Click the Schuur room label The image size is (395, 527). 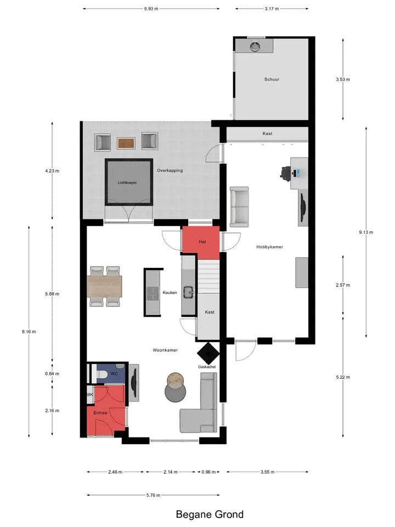click(272, 79)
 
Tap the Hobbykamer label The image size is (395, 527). click(269, 246)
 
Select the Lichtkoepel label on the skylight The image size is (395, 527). click(127, 182)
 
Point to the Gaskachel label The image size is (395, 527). click(207, 367)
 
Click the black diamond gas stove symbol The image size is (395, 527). click(208, 353)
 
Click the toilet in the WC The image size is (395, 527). click(101, 374)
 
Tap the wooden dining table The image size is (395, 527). click(104, 287)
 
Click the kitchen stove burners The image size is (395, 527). click(153, 293)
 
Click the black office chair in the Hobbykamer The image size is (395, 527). click(285, 172)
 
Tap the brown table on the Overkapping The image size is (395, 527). click(126, 143)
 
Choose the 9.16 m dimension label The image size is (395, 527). click(29, 332)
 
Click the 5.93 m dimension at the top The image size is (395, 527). click(151, 9)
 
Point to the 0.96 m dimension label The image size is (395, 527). click(208, 472)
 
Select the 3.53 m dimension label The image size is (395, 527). click(342, 79)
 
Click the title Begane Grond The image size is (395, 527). click(210, 514)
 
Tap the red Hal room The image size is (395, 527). click(201, 239)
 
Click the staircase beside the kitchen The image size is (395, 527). click(208, 276)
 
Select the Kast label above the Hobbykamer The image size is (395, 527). click(267, 133)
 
